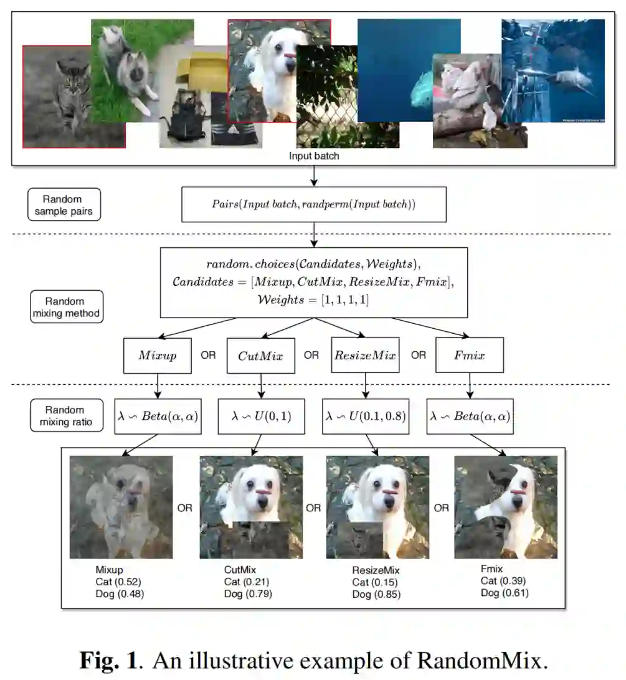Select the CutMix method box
[260, 356]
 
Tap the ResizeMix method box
[365, 356]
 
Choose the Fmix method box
[469, 356]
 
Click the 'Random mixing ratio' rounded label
[65, 415]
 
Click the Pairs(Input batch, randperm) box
[313, 204]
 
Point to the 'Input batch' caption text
[314, 156]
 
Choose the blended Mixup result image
[121, 507]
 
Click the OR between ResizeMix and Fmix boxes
[419, 355]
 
